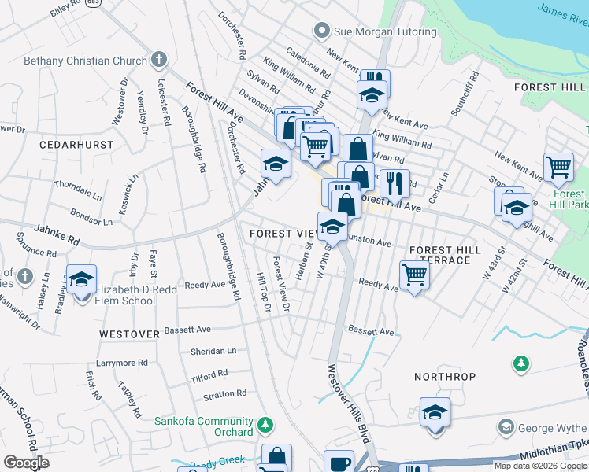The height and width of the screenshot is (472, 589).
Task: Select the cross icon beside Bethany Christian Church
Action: pyautogui.click(x=159, y=59)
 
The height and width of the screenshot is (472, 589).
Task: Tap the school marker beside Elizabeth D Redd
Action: pyautogui.click(x=81, y=279)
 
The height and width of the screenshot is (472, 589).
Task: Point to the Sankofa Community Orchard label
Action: pyautogui.click(x=204, y=426)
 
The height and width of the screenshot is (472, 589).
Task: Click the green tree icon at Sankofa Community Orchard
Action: pyautogui.click(x=266, y=426)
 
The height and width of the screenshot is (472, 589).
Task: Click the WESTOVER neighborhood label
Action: pyautogui.click(x=130, y=334)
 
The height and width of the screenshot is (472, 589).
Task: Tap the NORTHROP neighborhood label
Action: pyautogui.click(x=445, y=377)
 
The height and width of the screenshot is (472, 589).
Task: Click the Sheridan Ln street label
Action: pyautogui.click(x=213, y=351)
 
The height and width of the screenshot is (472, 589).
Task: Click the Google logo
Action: pyautogui.click(x=26, y=463)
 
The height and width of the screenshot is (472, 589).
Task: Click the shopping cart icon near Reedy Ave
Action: pyautogui.click(x=414, y=275)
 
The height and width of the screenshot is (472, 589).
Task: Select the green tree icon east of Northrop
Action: pyautogui.click(x=520, y=363)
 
